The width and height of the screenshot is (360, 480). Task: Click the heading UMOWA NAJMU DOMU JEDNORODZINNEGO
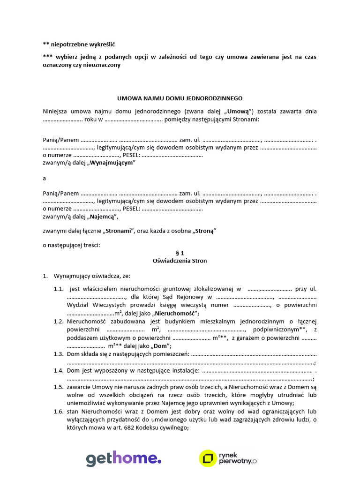(x=180, y=98)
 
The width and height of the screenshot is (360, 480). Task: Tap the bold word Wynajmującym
(x=112, y=163)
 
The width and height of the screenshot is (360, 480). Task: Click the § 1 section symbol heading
(x=180, y=253)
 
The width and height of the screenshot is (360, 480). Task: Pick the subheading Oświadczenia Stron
(x=180, y=261)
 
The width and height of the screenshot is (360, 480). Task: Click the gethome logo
(x=123, y=459)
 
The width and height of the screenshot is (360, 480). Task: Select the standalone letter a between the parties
(x=44, y=178)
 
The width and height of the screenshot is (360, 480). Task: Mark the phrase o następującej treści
(x=71, y=245)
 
